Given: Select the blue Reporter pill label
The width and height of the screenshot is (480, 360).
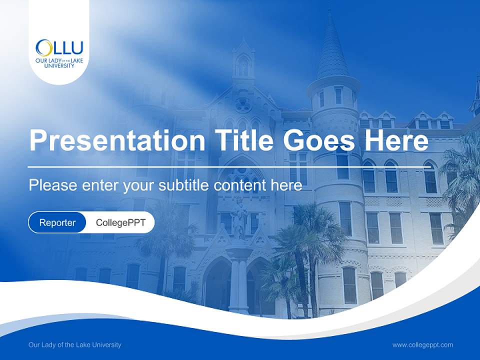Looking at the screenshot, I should tap(57, 222).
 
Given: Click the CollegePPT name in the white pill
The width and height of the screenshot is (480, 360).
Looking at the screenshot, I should tap(120, 222).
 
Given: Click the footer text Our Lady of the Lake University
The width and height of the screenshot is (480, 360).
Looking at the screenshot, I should tap(75, 345).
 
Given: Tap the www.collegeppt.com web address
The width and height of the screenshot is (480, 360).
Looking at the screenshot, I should tap(422, 345).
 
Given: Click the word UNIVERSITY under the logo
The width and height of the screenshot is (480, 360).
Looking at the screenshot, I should tap(59, 65).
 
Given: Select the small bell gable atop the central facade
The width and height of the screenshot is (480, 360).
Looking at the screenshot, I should tap(243, 60).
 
